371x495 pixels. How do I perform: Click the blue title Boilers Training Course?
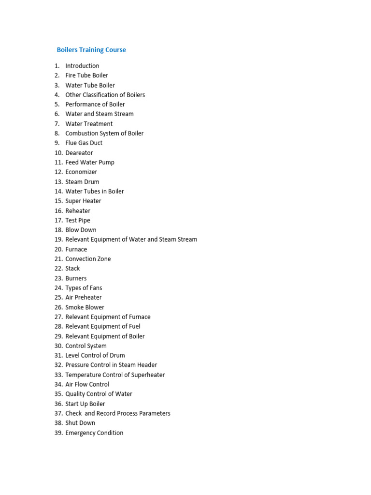point(91,50)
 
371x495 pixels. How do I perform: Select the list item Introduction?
point(82,66)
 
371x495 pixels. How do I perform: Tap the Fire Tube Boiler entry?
point(86,75)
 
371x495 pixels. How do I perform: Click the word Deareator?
point(79,153)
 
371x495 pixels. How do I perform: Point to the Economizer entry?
point(81,172)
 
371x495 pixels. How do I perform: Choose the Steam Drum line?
point(82,182)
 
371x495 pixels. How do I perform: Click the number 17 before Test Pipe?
point(58,220)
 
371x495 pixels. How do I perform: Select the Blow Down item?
point(81,230)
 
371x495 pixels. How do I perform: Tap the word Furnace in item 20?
point(76,249)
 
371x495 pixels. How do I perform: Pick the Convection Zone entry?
point(88,259)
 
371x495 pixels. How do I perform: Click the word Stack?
point(72,268)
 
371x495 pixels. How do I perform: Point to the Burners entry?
point(76,278)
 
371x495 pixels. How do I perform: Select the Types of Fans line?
point(84,288)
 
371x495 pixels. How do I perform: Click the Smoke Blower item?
point(85,307)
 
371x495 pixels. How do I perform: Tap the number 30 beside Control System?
point(58,346)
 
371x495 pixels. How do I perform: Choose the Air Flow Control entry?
point(87,384)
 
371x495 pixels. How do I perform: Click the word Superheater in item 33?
point(148,375)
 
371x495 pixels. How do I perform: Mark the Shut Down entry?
point(80,423)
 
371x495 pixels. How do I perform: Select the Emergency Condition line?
point(94,433)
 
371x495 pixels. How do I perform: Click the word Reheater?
point(78,211)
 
